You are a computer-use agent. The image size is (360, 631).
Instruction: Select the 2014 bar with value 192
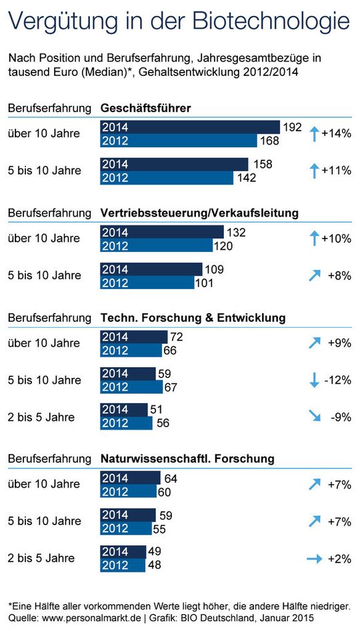click(190, 127)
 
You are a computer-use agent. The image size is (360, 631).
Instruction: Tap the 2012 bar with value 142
click(167, 177)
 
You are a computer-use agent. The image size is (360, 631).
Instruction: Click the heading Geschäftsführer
click(146, 108)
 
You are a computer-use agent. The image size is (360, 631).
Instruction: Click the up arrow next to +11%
click(315, 171)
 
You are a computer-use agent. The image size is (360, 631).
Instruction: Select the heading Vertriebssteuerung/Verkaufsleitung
click(199, 213)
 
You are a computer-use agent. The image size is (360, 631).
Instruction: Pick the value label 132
click(237, 232)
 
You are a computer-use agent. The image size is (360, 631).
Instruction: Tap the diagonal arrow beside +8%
click(315, 275)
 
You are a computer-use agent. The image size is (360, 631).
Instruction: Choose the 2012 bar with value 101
click(151, 283)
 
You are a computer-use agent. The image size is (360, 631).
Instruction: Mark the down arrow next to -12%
click(315, 380)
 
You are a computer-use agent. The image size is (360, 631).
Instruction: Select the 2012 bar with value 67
click(131, 387)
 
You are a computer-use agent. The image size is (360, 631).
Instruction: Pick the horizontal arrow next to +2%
click(315, 558)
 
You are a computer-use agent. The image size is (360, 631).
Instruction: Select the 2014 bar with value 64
click(130, 478)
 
